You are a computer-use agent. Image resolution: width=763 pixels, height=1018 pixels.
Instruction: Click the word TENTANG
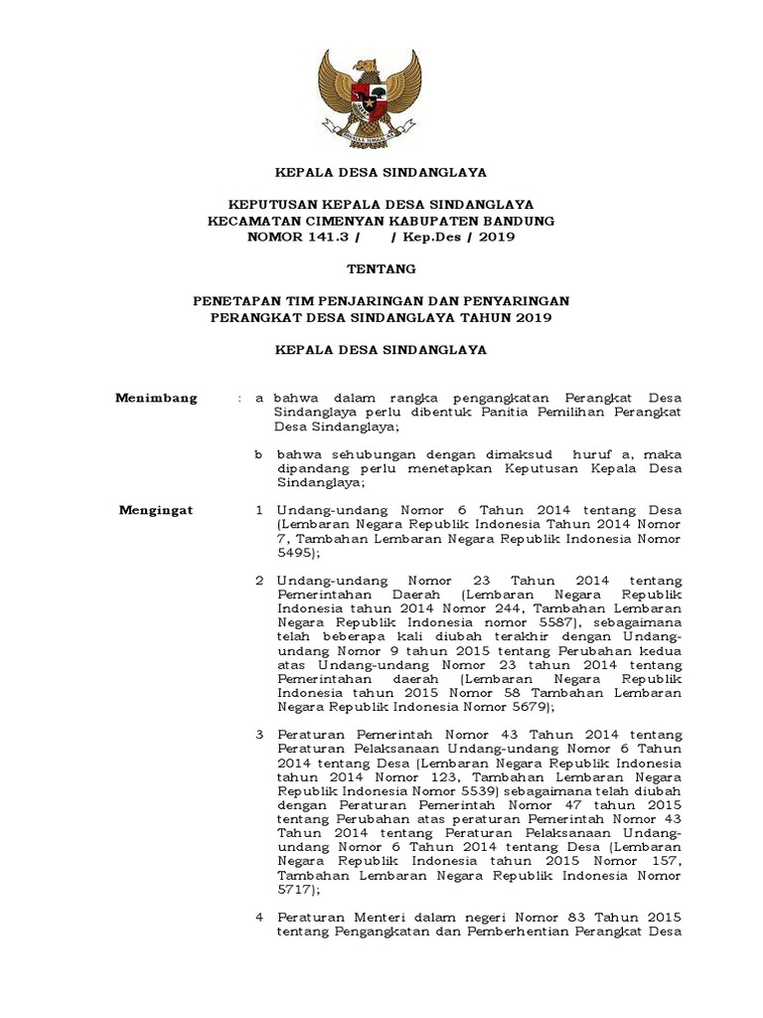381,268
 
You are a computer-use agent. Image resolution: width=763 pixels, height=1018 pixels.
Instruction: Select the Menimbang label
157,398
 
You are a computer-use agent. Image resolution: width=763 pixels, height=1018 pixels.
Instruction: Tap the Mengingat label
157,510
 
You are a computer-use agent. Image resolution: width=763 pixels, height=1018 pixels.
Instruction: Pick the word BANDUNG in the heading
514,220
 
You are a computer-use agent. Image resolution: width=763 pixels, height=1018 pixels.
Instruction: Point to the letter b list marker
256,454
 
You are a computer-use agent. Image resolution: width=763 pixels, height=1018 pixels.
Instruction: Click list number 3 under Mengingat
258,734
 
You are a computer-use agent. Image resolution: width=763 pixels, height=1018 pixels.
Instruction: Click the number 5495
296,552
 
